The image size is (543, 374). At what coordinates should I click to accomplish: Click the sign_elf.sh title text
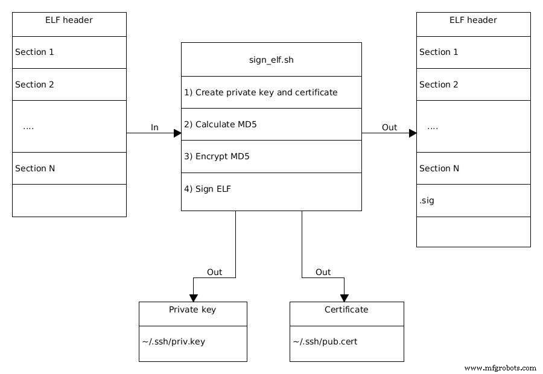[x=271, y=60]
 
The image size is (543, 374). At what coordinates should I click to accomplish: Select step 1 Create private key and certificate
[x=261, y=92]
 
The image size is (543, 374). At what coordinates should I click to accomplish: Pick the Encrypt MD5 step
[x=217, y=156]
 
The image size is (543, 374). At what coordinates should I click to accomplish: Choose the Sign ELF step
[x=208, y=189]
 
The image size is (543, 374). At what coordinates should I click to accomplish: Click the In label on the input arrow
[x=154, y=127]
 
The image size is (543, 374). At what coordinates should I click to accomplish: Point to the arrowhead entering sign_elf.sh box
[x=177, y=133]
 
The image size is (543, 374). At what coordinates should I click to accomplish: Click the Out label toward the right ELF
[x=390, y=127]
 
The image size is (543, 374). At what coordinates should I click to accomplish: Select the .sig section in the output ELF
[x=427, y=200]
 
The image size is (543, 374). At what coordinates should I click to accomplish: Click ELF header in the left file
[x=69, y=20]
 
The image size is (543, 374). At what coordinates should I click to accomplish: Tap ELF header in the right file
[x=473, y=20]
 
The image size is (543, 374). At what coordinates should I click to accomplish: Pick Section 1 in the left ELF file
[x=34, y=52]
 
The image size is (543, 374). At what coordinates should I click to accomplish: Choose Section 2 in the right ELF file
[x=439, y=84]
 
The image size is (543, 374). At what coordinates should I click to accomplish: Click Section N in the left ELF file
[x=35, y=168]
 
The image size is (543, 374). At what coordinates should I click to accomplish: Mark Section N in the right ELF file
[x=439, y=168]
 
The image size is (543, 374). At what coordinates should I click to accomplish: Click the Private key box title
[x=192, y=309]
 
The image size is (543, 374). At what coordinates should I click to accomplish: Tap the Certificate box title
[x=346, y=309]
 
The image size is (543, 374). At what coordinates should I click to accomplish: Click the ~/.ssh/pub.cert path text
[x=326, y=341]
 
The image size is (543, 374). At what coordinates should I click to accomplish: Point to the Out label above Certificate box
[x=323, y=272]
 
